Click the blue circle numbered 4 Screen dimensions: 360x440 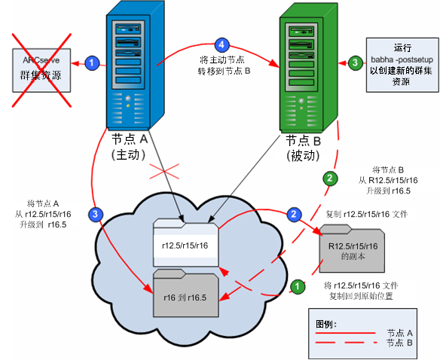click(222, 44)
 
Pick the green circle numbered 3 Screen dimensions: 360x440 click(355, 63)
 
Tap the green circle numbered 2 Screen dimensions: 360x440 click(329, 179)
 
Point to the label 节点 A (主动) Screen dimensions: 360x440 click(132, 148)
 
